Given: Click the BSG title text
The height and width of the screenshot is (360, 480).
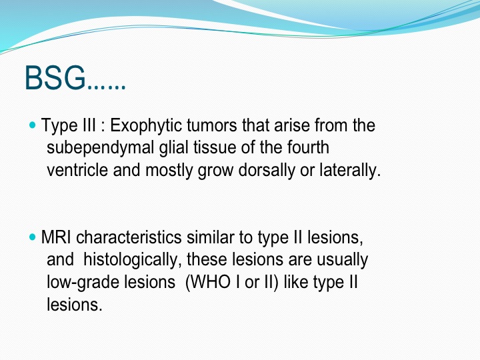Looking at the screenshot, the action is (75, 78).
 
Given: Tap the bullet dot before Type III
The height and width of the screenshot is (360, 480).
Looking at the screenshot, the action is (33, 125).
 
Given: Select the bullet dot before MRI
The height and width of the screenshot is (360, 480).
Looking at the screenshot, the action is (33, 237).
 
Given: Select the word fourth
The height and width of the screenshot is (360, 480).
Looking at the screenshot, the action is (308, 147).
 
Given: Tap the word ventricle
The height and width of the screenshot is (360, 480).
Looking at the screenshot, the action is (77, 170).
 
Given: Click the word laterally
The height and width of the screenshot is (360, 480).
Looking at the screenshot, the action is (350, 171).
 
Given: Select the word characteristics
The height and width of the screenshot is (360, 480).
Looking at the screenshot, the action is (129, 237).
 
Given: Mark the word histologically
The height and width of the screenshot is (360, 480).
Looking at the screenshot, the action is (131, 260).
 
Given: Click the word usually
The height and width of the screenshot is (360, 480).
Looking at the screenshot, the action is (342, 260).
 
